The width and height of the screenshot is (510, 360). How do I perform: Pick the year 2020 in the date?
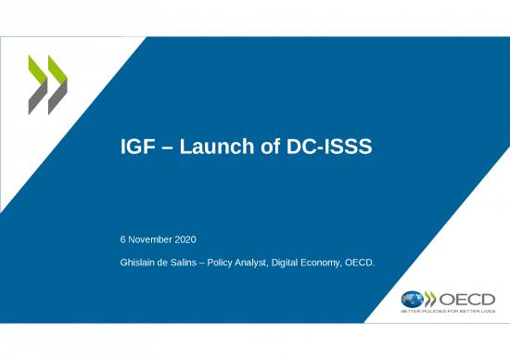tap(186, 240)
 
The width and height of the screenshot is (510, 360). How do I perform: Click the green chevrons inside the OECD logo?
tap(431, 300)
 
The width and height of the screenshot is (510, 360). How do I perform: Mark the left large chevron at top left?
tap(40, 84)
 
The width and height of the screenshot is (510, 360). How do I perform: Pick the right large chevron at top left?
tap(58, 84)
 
